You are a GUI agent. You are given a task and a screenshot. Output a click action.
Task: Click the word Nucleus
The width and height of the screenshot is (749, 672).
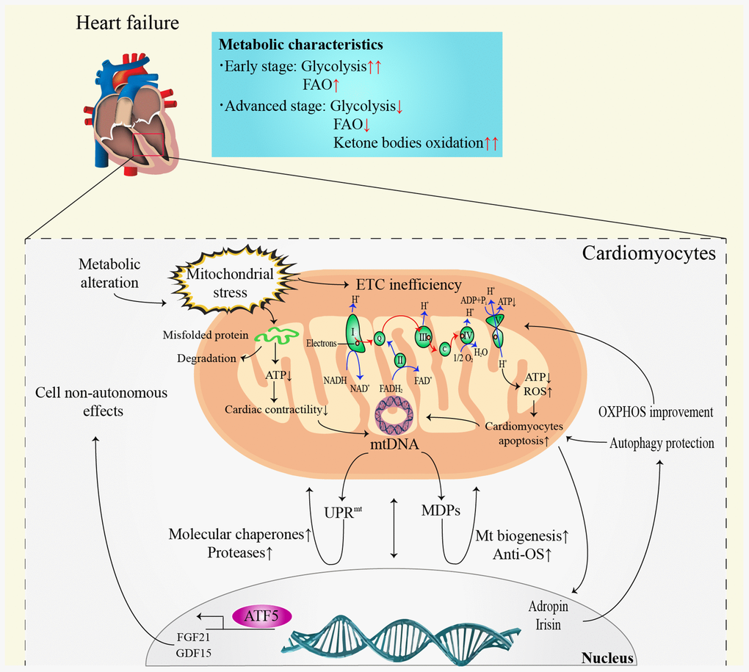[x=607, y=658]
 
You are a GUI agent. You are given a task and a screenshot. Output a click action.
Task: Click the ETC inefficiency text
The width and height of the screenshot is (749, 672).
[x=409, y=285]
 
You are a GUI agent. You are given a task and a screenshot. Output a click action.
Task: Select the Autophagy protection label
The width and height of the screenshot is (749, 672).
[x=662, y=443]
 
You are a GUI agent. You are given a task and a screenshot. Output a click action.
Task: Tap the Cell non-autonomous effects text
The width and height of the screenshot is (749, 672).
[x=101, y=402]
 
